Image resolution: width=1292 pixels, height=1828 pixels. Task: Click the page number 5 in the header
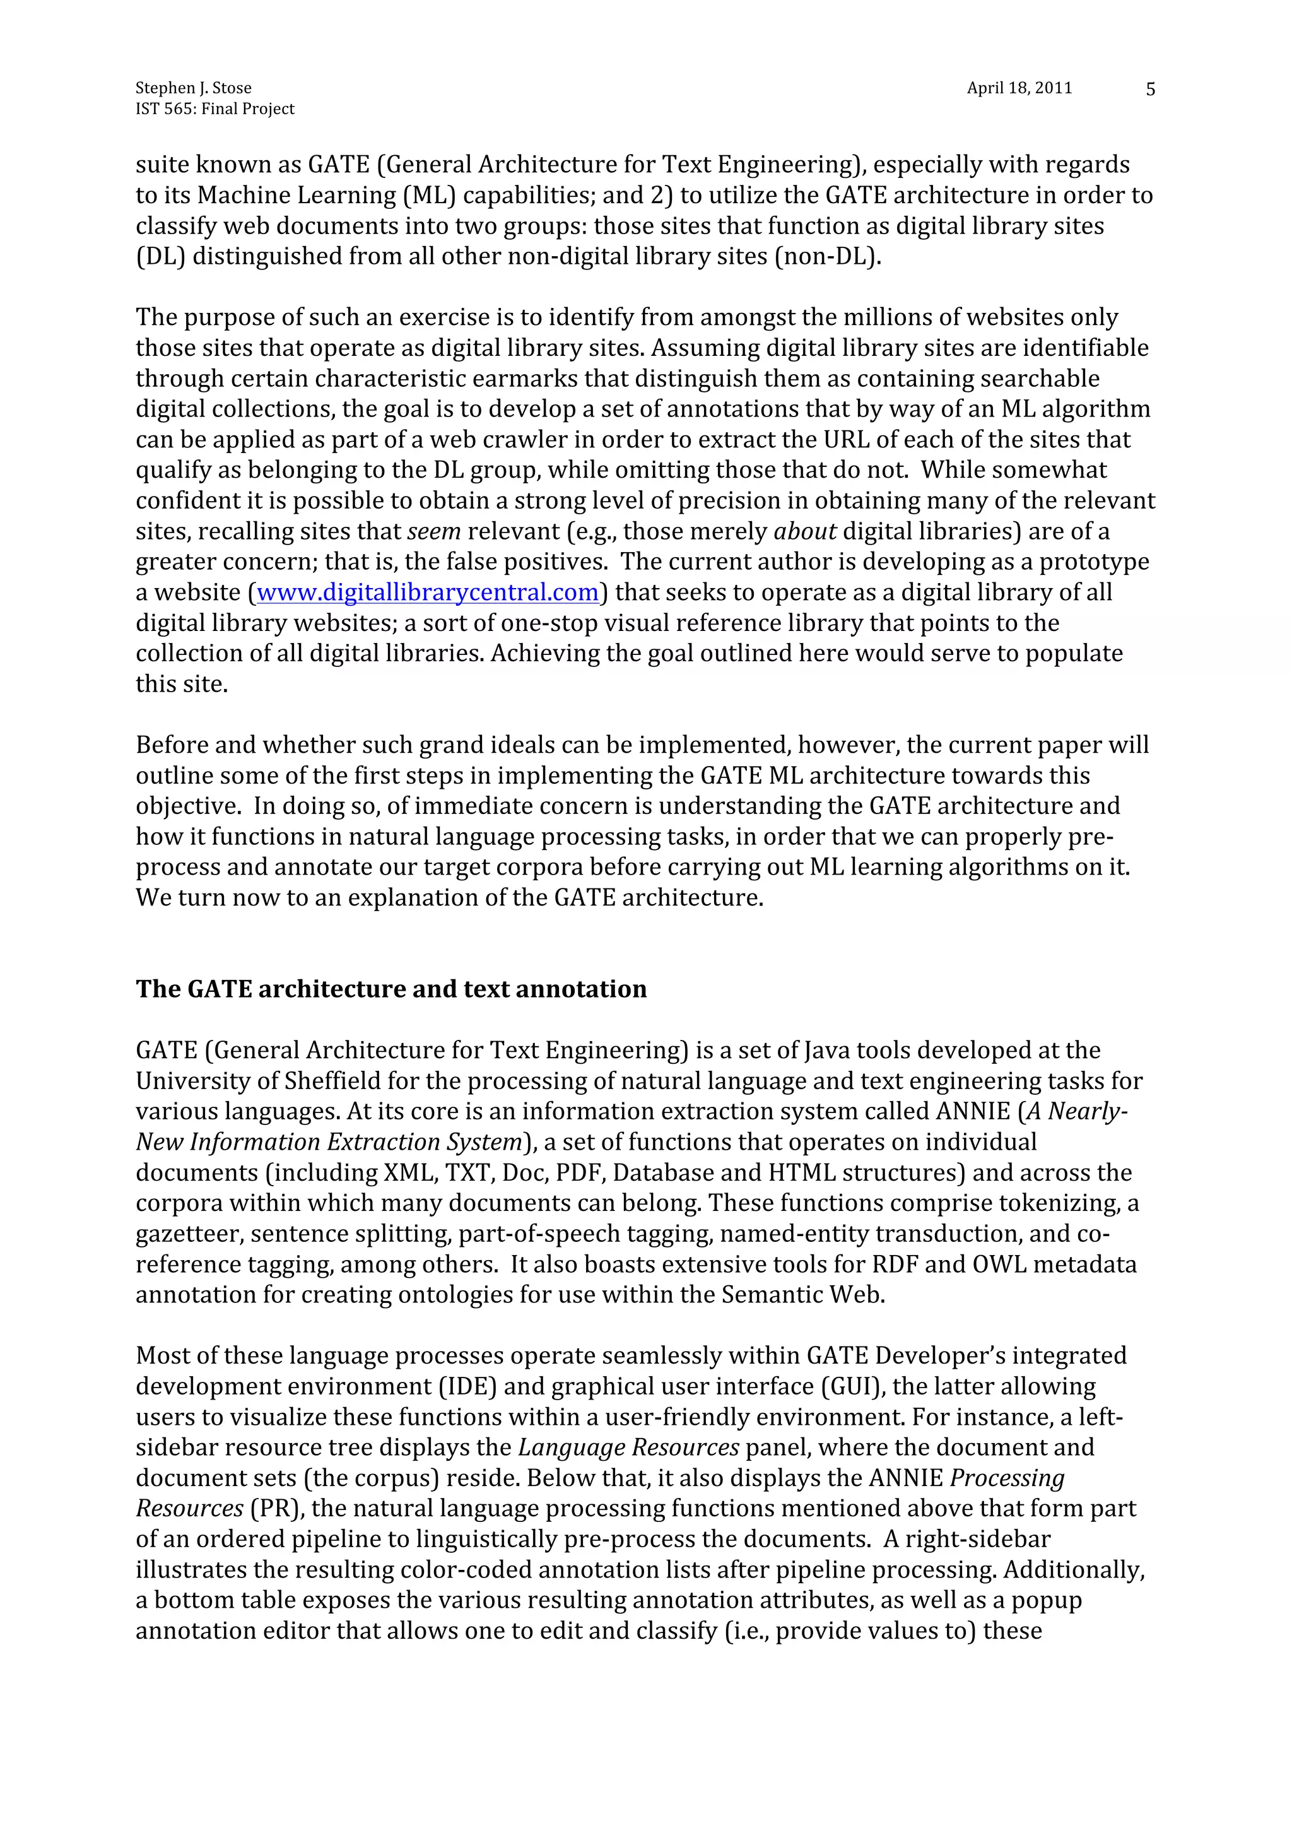point(1149,89)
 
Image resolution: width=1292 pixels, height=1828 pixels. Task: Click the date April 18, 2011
point(1019,88)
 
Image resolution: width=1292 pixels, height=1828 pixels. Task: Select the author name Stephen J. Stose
point(194,88)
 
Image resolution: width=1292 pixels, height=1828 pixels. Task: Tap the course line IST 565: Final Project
point(215,109)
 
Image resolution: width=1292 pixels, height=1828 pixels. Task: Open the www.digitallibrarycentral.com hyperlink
point(428,593)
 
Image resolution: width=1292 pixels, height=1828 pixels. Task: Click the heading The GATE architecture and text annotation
point(391,989)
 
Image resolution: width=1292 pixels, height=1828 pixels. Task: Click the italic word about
point(805,531)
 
